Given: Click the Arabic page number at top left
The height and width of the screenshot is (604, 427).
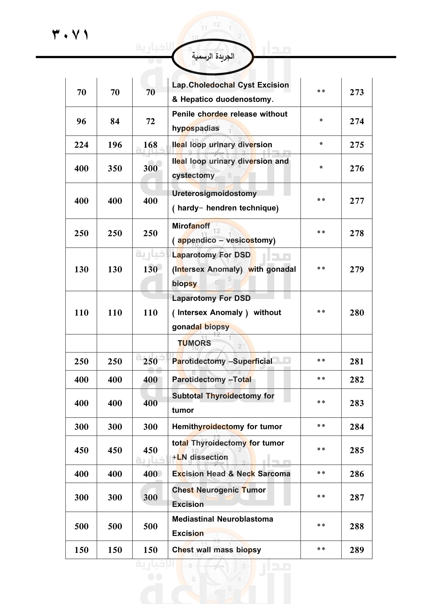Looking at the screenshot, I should [70, 34].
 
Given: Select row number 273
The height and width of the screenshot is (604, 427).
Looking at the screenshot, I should [357, 92].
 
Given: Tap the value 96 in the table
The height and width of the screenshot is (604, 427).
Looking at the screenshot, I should [81, 121].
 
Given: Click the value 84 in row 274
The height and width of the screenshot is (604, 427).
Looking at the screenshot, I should [115, 121].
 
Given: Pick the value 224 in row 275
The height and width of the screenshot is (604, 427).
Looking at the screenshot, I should [81, 145].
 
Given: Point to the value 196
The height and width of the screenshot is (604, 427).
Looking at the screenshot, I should [115, 145].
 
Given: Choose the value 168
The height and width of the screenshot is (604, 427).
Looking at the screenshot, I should [151, 145].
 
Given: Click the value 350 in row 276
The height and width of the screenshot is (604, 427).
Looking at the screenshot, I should [115, 168].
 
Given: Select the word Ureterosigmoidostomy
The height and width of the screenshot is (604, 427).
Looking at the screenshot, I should [214, 193].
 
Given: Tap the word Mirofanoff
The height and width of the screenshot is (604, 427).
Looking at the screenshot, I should [191, 226].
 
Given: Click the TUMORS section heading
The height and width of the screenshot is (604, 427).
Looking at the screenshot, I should [194, 343].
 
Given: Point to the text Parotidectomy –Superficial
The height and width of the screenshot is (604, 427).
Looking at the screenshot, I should [222, 361].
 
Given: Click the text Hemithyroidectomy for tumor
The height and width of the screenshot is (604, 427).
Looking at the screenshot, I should [227, 426].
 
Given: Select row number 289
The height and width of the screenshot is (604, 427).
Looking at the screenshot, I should [357, 550].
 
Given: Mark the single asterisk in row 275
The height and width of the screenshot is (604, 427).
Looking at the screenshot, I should [321, 144].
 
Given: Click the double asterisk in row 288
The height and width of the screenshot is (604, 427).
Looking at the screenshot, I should [321, 525].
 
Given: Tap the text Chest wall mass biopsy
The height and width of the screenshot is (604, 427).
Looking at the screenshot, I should [216, 550].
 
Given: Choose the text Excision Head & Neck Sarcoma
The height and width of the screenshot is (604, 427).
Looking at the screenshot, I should [231, 474].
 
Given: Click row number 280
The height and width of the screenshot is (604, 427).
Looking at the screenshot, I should [357, 312].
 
